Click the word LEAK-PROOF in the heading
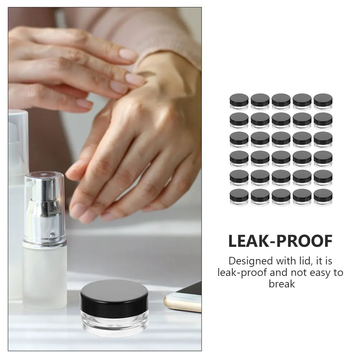tap(280, 241)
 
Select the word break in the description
tap(282, 284)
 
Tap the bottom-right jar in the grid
tap(323, 197)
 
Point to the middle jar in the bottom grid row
tap(281, 197)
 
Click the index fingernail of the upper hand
tap(128, 54)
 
